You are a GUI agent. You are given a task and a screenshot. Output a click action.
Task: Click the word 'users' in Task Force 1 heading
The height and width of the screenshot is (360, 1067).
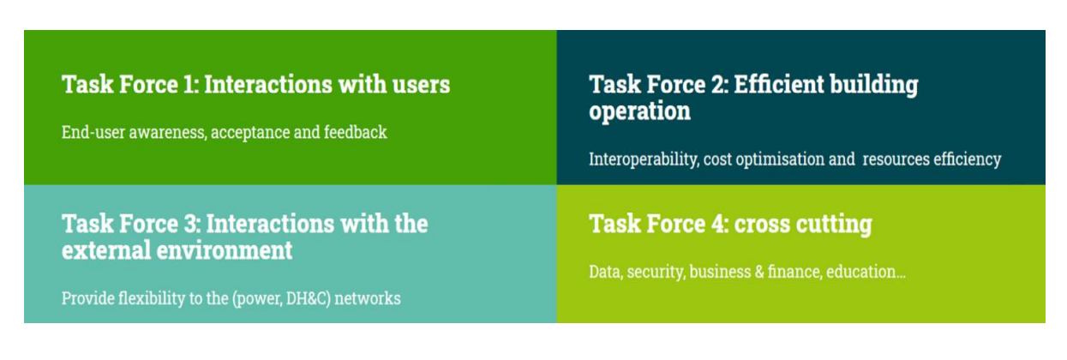point(421,85)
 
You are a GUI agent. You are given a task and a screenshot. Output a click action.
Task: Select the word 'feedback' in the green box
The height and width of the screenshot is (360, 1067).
point(356,132)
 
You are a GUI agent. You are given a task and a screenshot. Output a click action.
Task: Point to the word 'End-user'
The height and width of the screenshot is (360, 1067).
point(93,132)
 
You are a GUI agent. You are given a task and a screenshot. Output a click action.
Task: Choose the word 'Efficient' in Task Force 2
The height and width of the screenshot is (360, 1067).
point(778,84)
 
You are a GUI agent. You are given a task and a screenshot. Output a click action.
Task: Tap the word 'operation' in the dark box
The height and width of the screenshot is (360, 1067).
point(639,111)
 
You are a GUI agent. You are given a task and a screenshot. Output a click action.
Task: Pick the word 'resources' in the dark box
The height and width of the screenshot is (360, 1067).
point(896,159)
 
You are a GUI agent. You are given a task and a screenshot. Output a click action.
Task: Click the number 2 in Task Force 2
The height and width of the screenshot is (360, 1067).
point(719,84)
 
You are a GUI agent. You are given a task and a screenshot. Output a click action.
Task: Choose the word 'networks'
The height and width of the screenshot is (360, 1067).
point(368,298)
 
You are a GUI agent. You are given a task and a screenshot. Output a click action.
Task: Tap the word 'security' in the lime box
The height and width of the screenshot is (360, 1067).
point(656,273)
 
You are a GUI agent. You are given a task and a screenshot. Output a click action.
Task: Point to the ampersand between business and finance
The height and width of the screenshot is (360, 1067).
point(759,272)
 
